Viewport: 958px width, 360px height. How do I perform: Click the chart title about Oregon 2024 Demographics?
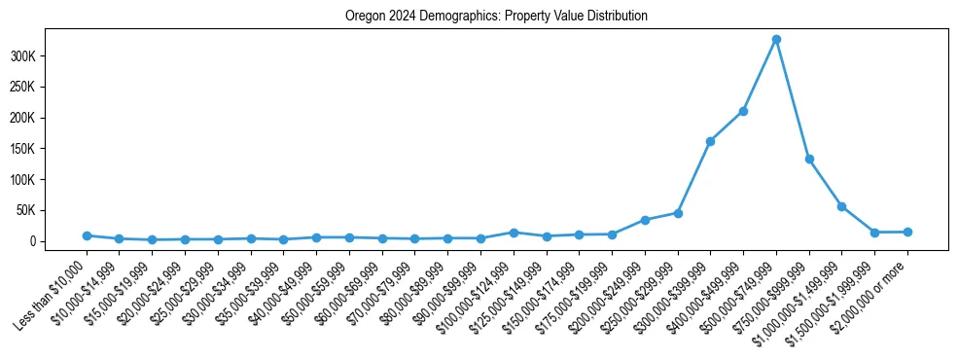[496, 17]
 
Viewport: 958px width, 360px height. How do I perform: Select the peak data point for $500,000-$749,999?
[776, 40]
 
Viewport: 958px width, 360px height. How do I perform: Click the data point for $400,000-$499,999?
[743, 112]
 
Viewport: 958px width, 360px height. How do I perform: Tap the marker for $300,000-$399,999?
[710, 141]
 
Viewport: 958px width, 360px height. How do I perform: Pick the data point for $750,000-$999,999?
[809, 159]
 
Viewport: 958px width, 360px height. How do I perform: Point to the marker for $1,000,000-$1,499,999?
[841, 206]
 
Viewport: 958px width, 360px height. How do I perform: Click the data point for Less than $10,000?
[87, 235]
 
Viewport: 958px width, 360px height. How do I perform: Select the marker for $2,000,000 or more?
[907, 232]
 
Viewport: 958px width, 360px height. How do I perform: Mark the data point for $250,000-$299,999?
[678, 212]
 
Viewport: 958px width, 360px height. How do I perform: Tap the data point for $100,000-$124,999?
[514, 233]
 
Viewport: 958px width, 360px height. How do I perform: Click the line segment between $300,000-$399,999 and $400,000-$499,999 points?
[727, 126]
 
